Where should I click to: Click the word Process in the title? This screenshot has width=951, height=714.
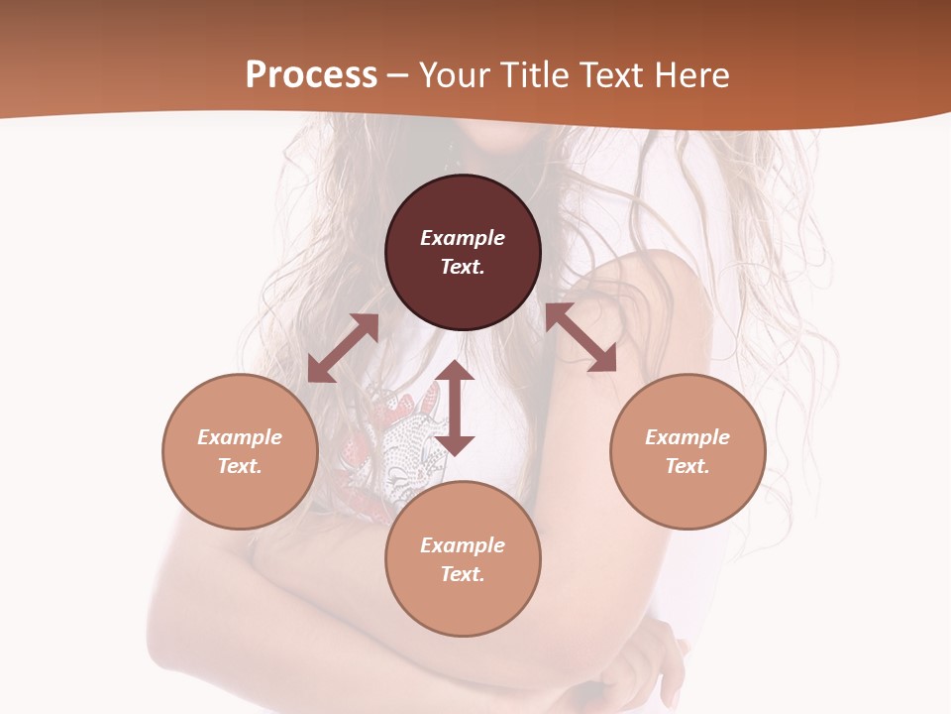[x=311, y=75]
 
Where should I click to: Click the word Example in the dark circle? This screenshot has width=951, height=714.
[x=463, y=238]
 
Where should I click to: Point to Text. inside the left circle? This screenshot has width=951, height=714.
[x=240, y=466]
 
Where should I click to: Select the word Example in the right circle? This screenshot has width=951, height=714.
[x=687, y=437]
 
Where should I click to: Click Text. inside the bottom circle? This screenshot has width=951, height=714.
[x=463, y=574]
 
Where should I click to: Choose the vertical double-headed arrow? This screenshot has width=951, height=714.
[x=455, y=408]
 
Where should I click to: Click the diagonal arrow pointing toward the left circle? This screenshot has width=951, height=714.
[x=343, y=348]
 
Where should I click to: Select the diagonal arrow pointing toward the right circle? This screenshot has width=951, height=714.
[x=581, y=338]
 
